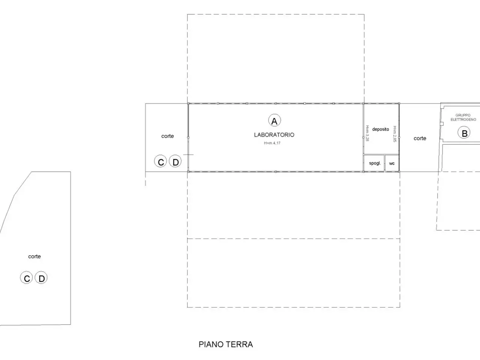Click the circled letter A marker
(x=274, y=120)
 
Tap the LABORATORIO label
(x=274, y=135)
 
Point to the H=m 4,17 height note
(x=272, y=143)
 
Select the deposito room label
(x=381, y=129)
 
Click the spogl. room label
(x=375, y=163)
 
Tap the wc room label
(x=392, y=163)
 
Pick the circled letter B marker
(x=464, y=133)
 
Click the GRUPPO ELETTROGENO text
(x=463, y=117)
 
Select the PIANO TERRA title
(x=226, y=345)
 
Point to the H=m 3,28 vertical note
(x=367, y=133)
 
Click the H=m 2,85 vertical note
(x=395, y=134)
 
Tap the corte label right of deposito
(x=420, y=138)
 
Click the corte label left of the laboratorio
(x=168, y=136)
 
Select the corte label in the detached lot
(x=34, y=256)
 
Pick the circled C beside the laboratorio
(x=160, y=161)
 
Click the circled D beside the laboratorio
(x=175, y=161)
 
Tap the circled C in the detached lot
(x=27, y=277)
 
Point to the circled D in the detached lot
(x=41, y=277)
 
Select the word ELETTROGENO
(x=463, y=120)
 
